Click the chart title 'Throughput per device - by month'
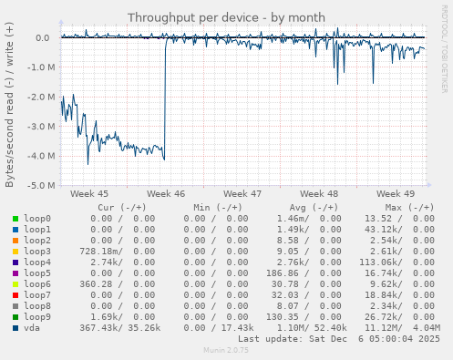225,17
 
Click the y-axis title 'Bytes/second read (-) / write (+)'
10,112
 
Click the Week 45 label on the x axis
89,194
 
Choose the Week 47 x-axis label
242,194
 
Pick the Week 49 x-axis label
396,194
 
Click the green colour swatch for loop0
15,219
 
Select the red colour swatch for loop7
15,294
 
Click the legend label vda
32,327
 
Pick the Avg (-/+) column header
312,208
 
